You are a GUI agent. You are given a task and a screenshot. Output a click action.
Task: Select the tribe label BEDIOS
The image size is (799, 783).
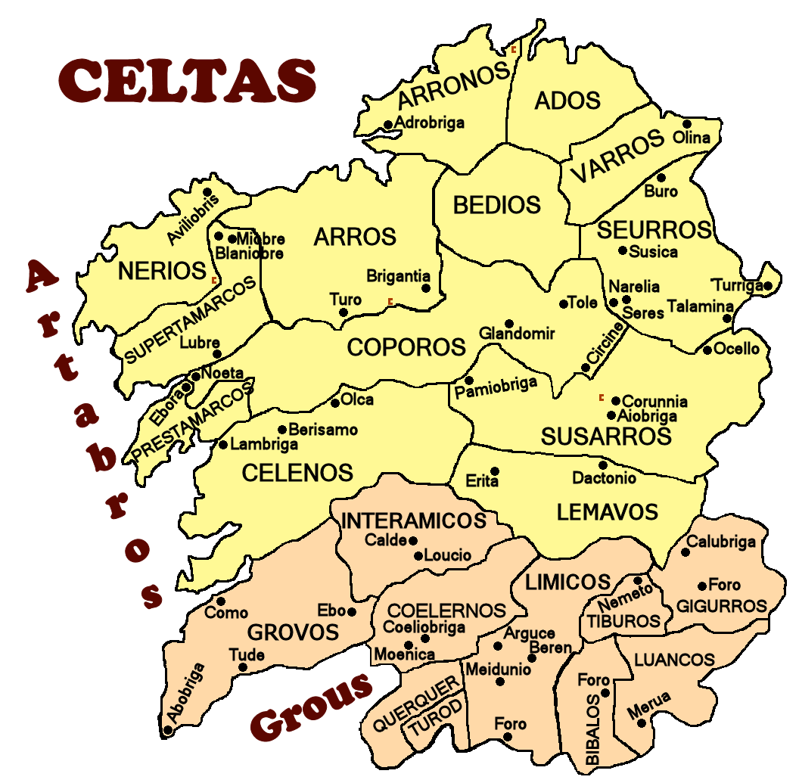coord(497,205)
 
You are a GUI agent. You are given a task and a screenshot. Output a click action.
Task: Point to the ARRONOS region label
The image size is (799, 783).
coord(454,85)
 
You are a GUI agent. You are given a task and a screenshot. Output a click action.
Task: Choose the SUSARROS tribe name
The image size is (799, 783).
coord(605,437)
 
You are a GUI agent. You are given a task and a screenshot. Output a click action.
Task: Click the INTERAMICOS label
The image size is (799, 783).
coord(414,520)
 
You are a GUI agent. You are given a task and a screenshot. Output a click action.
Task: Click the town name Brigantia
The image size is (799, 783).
coord(398,276)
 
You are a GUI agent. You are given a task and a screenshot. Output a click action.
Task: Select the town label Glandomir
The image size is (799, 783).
coord(518,334)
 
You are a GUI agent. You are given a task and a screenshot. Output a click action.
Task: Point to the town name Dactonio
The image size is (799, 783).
coord(604,478)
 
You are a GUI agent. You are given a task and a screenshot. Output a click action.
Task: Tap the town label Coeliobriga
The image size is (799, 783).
coord(424,626)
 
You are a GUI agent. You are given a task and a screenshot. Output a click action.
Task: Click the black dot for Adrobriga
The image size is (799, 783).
coord(388,125)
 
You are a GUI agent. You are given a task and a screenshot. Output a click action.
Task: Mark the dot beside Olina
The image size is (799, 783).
coord(687,124)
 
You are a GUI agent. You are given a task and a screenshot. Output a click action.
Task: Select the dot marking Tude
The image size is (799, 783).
coord(243,667)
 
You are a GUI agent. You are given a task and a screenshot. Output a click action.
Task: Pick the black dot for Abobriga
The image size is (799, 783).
coord(169,731)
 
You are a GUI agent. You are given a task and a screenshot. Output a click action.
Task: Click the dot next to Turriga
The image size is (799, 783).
coord(768,286)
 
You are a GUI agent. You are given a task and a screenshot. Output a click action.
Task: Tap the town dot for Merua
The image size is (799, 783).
coord(642,722)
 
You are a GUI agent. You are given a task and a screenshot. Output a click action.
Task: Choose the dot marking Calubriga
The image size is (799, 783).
coord(686,552)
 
